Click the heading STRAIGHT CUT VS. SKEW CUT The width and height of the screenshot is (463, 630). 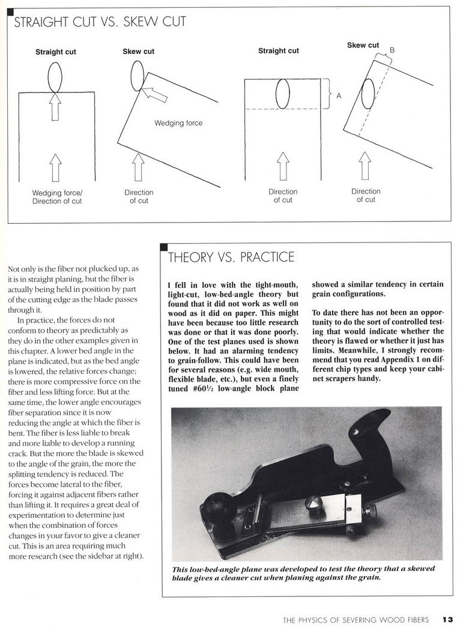(100, 23)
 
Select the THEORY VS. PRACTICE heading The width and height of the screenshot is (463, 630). (231, 257)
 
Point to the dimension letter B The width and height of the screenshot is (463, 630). (392, 50)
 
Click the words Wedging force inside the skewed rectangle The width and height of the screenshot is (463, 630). (178, 123)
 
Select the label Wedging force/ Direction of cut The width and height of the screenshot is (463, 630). (55, 197)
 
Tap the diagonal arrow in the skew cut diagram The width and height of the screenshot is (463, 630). (154, 94)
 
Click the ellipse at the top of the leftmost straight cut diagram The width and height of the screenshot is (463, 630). (55, 77)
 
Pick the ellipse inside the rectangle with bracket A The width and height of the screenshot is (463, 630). (282, 94)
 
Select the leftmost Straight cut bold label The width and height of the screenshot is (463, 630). (55, 52)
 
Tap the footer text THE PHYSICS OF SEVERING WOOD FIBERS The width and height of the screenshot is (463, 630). (356, 620)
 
